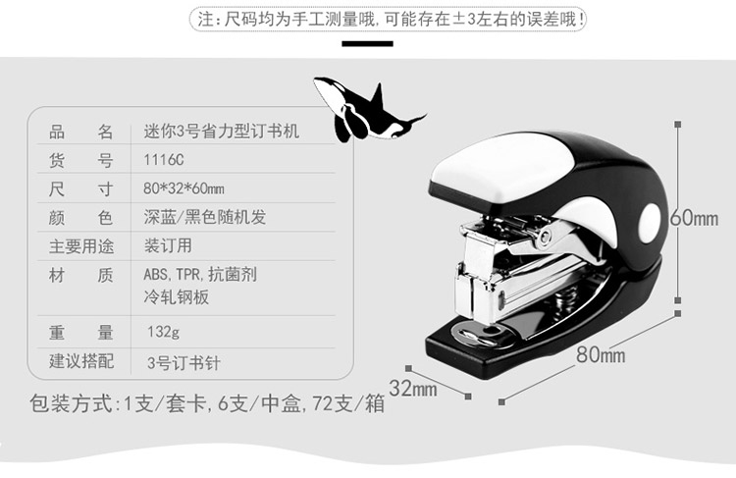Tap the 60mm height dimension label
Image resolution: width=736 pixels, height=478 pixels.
click(694, 218)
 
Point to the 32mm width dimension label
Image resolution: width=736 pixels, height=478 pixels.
click(412, 388)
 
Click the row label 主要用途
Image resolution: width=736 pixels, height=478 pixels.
click(81, 245)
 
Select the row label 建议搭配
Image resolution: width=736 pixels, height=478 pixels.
click(81, 361)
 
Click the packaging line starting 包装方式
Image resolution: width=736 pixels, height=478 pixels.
click(206, 403)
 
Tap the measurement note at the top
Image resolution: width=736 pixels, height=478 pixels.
click(392, 19)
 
